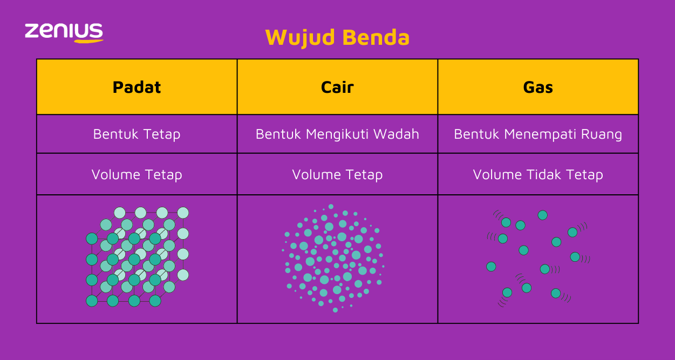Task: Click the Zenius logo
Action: (x=64, y=32)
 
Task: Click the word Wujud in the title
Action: (x=300, y=38)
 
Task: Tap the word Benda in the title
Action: (x=376, y=37)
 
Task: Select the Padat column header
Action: (x=137, y=87)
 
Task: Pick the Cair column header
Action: (x=337, y=87)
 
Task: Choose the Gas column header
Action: (x=538, y=87)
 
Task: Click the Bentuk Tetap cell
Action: (x=137, y=134)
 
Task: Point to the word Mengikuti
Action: (x=337, y=134)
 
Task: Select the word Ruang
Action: (x=602, y=135)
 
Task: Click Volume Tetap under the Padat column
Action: (x=137, y=175)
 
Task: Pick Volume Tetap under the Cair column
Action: (x=337, y=175)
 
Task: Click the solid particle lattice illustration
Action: (x=138, y=257)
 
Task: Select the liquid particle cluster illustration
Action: (x=333, y=258)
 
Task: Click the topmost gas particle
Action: (x=542, y=215)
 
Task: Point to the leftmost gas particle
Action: (x=491, y=267)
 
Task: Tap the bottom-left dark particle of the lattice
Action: (x=92, y=301)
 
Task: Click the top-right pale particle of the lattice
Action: (x=183, y=213)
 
